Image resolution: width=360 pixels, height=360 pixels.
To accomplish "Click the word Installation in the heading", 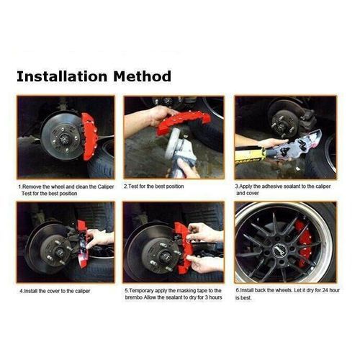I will (x=61, y=76).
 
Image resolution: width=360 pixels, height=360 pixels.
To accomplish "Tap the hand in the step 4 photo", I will (x=100, y=238).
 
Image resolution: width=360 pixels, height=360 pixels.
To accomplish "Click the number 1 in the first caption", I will (x=20, y=186).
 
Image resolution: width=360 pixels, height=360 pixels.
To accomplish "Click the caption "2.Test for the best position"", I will (x=155, y=186).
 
